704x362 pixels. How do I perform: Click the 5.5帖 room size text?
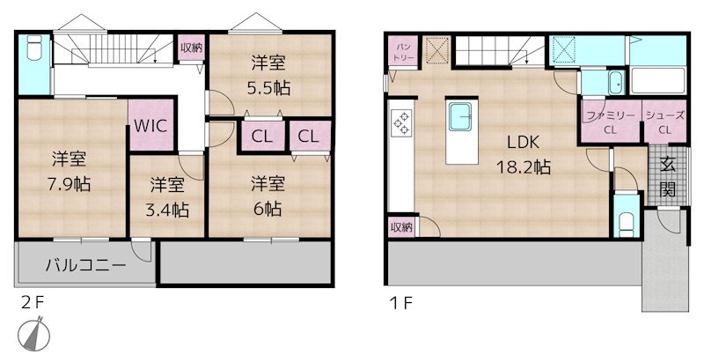269,77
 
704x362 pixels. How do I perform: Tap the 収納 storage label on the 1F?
401,227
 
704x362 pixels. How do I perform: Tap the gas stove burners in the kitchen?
401,123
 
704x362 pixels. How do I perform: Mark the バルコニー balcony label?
84,264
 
